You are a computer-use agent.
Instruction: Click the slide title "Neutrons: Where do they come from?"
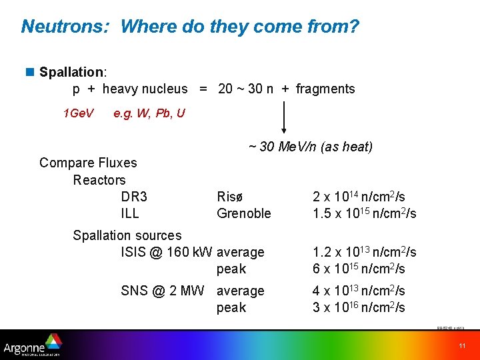190,27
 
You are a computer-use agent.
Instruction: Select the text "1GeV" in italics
79,113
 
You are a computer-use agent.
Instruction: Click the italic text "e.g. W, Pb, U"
149,113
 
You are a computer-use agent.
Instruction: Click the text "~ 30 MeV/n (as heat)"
310,147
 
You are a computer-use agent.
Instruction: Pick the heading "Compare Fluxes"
88,163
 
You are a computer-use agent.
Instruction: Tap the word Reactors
99,180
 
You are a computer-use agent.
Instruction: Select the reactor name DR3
134,197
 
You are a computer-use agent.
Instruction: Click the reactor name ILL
130,213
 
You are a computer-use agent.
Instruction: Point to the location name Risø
231,197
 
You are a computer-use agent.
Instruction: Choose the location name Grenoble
244,213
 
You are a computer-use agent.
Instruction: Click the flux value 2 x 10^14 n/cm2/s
359,197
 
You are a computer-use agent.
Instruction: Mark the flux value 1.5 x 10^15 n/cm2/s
364,213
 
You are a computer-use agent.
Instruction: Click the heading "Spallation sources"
127,235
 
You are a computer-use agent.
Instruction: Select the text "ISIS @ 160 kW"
166,252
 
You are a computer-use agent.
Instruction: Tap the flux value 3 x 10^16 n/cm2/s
359,307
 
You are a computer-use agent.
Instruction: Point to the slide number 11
462,345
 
